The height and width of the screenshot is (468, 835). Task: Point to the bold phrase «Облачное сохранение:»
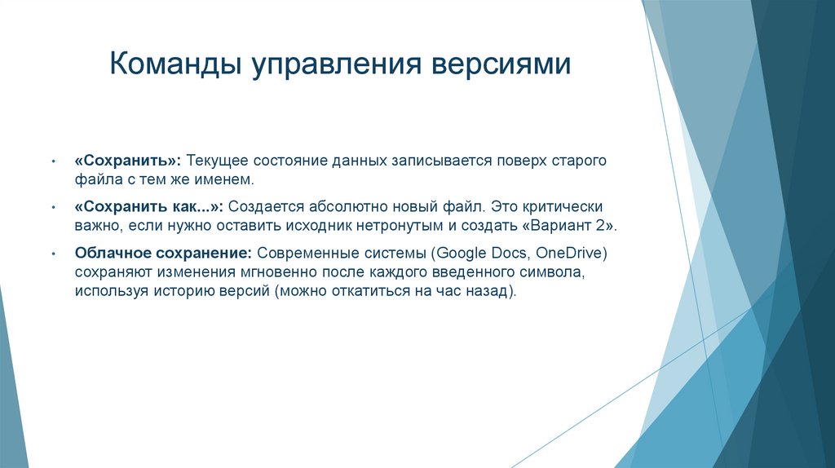[161, 254]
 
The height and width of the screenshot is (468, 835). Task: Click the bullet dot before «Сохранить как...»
[53, 208]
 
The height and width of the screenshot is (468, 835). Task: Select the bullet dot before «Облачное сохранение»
[53, 254]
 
